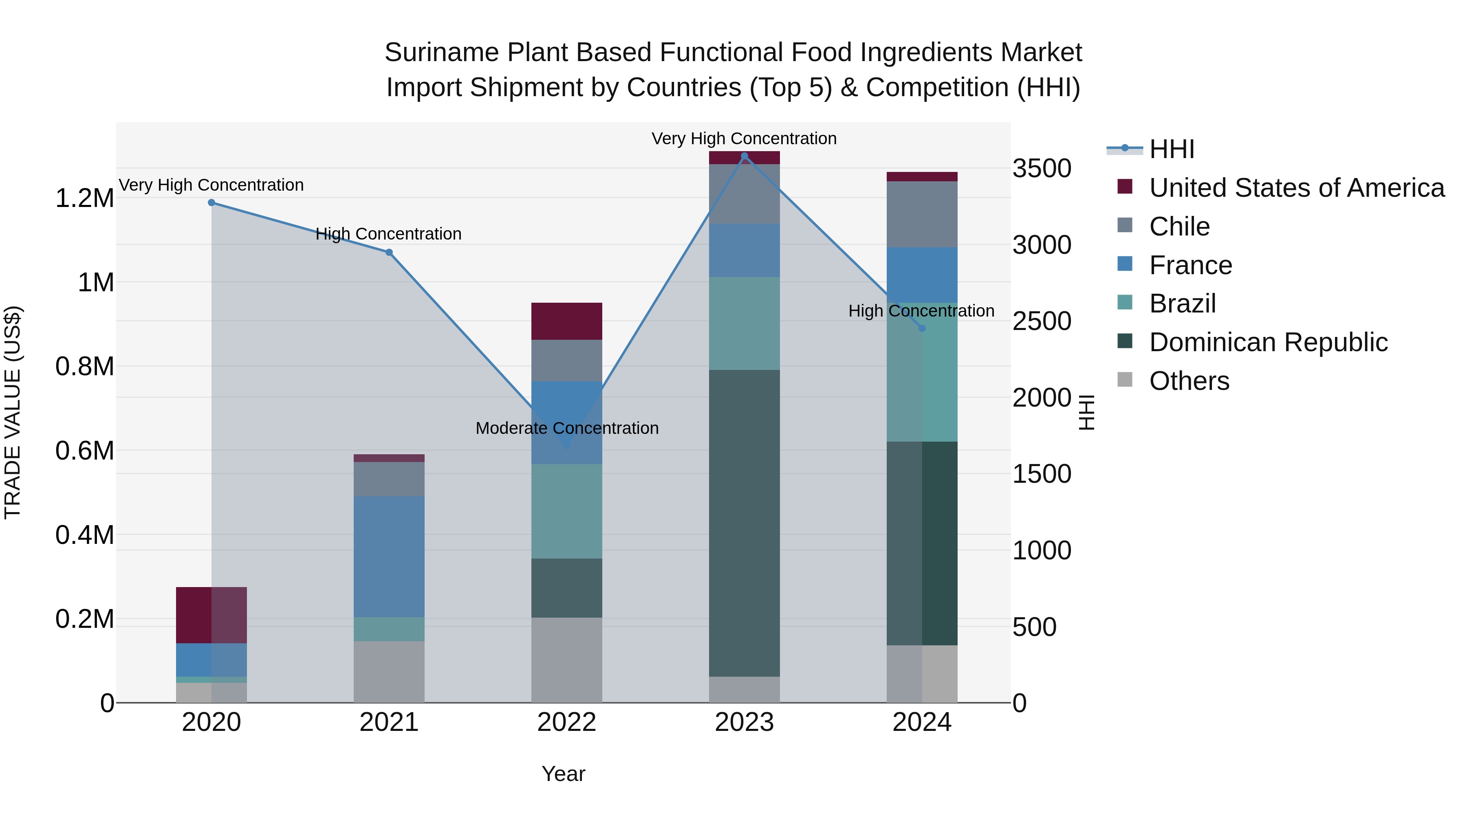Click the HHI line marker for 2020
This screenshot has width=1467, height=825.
point(211,203)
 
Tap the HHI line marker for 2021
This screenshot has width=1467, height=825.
point(389,252)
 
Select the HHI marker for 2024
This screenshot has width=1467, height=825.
point(922,328)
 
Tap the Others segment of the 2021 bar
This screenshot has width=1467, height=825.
point(389,672)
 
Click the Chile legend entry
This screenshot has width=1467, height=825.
point(1179,227)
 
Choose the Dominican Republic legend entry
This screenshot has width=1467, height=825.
point(1268,342)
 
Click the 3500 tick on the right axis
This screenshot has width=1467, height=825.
point(1042,169)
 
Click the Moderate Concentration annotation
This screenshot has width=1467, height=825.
point(567,428)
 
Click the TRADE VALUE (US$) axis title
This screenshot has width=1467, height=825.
point(13,412)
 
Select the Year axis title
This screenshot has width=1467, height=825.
point(563,774)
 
